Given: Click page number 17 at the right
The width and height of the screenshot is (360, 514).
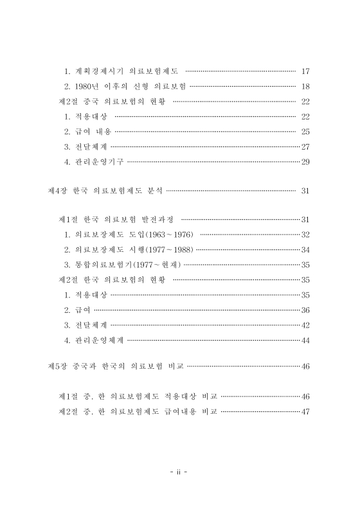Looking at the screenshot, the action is pos(305,71).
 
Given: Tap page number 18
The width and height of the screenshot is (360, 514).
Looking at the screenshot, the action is pos(305,86).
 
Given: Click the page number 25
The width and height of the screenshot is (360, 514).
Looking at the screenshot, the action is pos(305,132).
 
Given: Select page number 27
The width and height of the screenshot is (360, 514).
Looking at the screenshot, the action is pos(305,146).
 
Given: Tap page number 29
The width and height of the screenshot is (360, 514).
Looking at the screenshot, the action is pos(305,162).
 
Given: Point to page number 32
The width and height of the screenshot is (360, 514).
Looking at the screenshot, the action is pos(305,235).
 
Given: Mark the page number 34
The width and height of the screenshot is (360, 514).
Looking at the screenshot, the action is pos(305,249).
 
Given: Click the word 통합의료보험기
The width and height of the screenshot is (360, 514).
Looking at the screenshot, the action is pos(103,265).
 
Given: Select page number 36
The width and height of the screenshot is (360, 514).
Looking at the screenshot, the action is pos(305,310).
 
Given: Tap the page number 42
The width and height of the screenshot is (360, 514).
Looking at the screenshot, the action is pos(305,325).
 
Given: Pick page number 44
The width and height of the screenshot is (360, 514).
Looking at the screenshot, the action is pos(305,340).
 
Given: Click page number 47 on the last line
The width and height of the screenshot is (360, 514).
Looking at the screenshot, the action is pos(305,411).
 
